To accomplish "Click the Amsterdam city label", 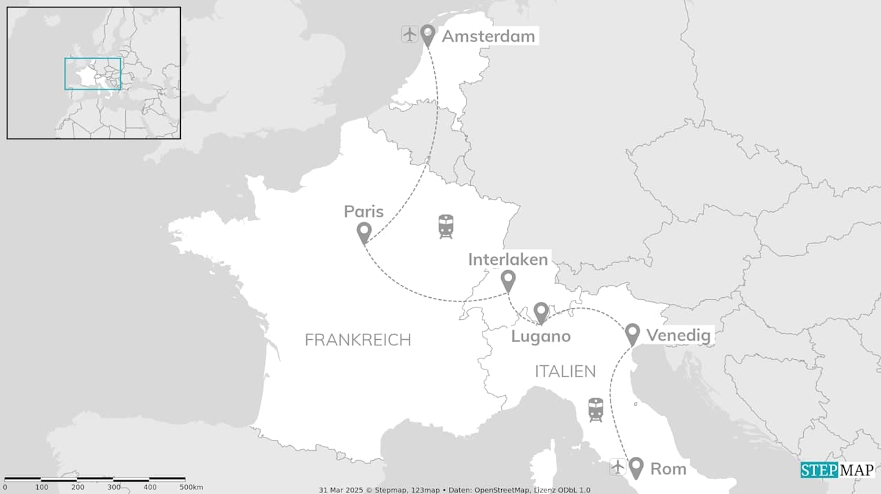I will [488, 36].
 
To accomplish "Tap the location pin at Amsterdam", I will [427, 34].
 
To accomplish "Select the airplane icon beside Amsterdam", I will [410, 34].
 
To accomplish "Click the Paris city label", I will [363, 211].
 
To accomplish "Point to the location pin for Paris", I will [364, 233].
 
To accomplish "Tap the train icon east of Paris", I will [446, 226].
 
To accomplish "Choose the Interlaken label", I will [508, 259].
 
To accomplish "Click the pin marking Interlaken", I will [508, 280].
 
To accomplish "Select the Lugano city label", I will [541, 336].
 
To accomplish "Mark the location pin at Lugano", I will [541, 312].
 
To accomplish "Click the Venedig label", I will [678, 335].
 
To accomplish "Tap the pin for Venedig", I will [633, 334].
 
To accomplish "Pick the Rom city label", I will [668, 469].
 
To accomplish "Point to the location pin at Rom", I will [637, 467].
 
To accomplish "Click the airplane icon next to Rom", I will [618, 467].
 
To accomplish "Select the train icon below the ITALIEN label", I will [596, 410].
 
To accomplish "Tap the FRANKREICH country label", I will [357, 340].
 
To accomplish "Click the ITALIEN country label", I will [565, 372].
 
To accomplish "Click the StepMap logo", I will [838, 470].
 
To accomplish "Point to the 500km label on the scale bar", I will [191, 487].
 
